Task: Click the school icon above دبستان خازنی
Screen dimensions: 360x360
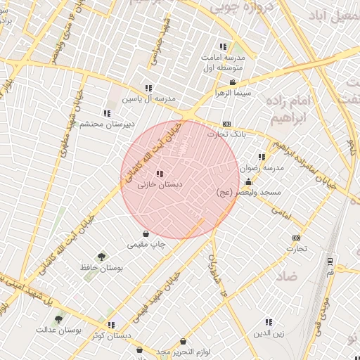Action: [x=160, y=173]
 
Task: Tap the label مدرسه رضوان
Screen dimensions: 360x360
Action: [x=262, y=168]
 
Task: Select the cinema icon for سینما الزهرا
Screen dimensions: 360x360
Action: [x=233, y=82]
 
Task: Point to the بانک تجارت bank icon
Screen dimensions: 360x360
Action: [x=226, y=124]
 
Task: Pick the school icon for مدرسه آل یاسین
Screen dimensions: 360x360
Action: [x=148, y=88]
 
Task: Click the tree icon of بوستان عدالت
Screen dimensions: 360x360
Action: [x=59, y=319]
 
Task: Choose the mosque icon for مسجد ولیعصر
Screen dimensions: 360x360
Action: [x=247, y=182]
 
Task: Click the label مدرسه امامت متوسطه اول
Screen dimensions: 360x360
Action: [x=224, y=62]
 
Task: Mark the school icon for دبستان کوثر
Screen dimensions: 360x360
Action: [x=111, y=325]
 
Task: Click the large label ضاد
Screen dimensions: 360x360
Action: [x=288, y=276]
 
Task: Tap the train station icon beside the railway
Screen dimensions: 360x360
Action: [x=330, y=260]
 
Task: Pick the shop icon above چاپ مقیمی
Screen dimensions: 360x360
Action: [x=146, y=234]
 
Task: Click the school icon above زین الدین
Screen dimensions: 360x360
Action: [x=269, y=323]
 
